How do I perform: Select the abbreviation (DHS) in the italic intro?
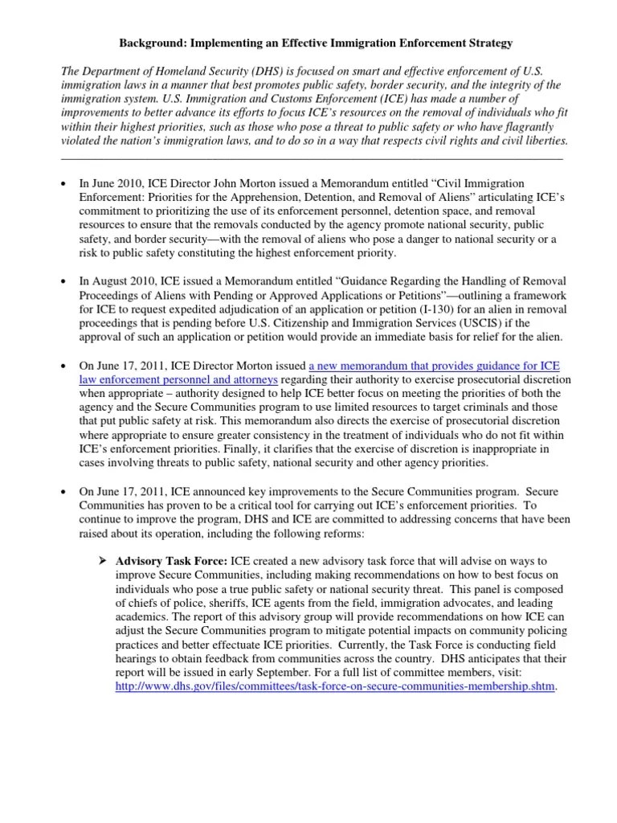point(262,72)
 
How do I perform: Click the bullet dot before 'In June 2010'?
point(64,185)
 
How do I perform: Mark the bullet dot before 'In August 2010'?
point(64,280)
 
